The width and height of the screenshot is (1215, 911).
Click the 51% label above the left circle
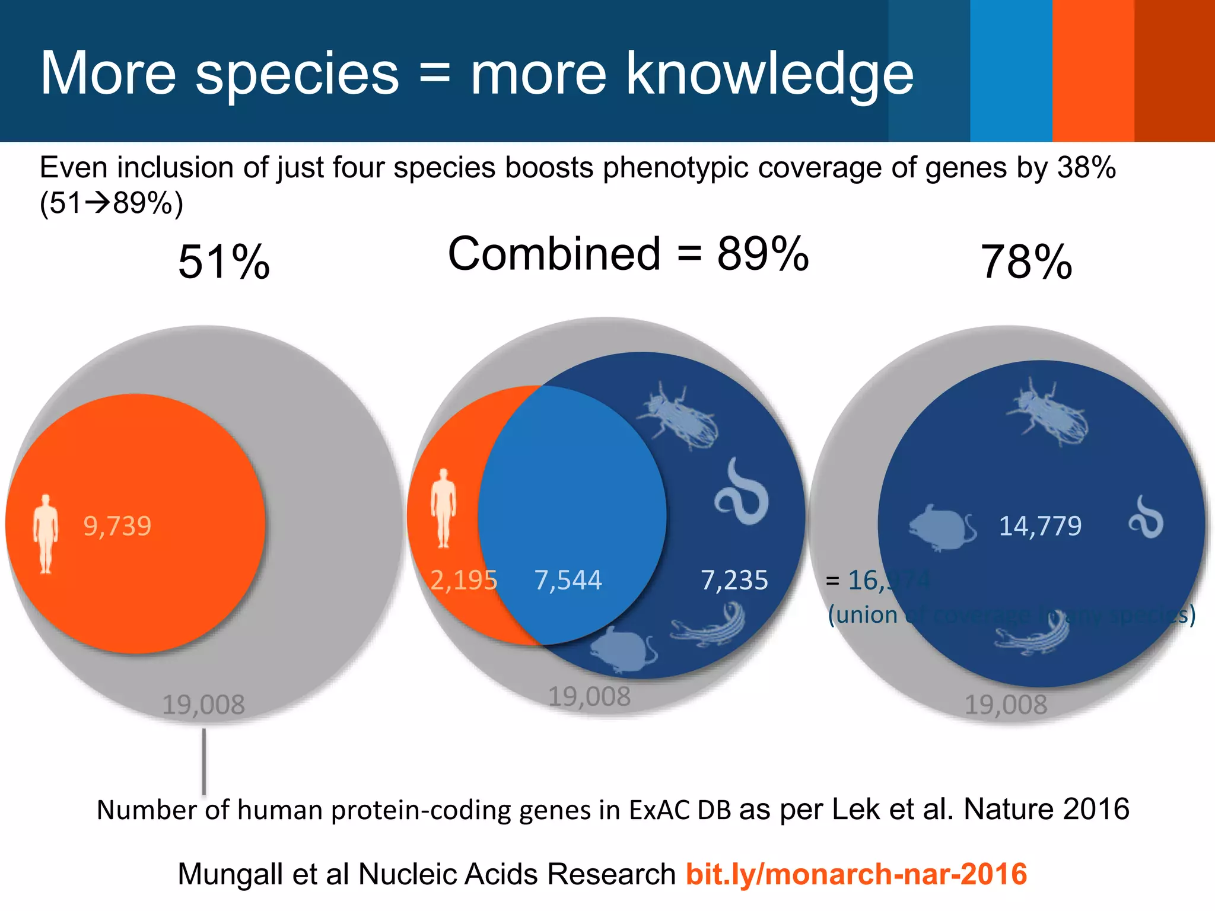pyautogui.click(x=224, y=262)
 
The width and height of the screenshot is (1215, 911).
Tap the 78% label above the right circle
pyautogui.click(x=1026, y=262)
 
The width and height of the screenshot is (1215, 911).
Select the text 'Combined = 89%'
pyautogui.click(x=628, y=254)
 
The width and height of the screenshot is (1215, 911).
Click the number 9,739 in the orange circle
pyautogui.click(x=117, y=526)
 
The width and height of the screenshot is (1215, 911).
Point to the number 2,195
pyautogui.click(x=463, y=580)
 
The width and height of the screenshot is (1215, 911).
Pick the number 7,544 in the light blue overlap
pyautogui.click(x=568, y=580)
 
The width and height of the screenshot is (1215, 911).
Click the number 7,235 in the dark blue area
pyautogui.click(x=734, y=580)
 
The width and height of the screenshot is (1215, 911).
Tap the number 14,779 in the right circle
pyautogui.click(x=1040, y=526)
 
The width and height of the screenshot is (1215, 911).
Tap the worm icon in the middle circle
pyautogui.click(x=742, y=492)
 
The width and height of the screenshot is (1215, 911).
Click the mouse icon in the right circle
pyautogui.click(x=942, y=528)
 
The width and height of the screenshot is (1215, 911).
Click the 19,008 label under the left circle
pyautogui.click(x=203, y=705)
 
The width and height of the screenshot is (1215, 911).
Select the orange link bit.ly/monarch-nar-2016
pyautogui.click(x=856, y=874)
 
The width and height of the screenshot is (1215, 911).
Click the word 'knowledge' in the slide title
pyautogui.click(x=769, y=74)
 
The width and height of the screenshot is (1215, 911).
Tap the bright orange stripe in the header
pyautogui.click(x=1093, y=71)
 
